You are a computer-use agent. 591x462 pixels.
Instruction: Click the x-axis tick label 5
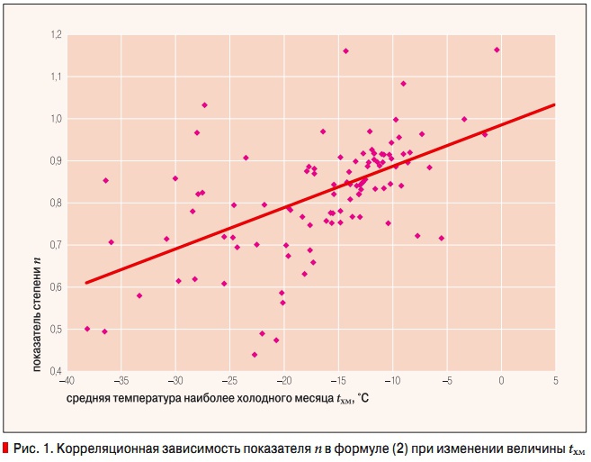tap(555, 379)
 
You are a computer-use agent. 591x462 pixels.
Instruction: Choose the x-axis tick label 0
tap(501, 379)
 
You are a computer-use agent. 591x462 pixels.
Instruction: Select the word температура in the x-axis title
tap(147, 399)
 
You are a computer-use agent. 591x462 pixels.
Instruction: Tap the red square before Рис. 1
tap(5, 448)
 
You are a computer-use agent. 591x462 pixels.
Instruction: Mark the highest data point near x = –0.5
tap(497, 50)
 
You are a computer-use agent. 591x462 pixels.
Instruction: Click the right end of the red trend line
tap(554, 104)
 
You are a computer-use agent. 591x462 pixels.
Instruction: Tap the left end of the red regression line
tap(86, 283)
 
